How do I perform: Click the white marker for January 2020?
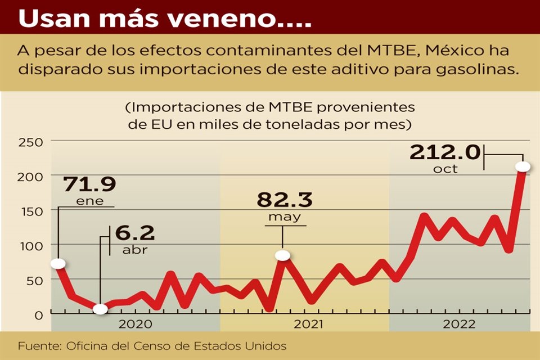[x=57, y=264]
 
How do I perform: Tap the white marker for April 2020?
[x=100, y=309]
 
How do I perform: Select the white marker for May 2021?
[x=283, y=255]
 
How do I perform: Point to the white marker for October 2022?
[x=523, y=166]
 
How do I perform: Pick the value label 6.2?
[x=135, y=233]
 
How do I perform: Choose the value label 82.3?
[x=285, y=200]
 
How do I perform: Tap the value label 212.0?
[x=444, y=152]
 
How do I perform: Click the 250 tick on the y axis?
[x=30, y=142]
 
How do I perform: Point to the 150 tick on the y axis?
[x=30, y=210]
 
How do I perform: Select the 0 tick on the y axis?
[x=38, y=314]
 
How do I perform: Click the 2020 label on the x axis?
[x=136, y=325]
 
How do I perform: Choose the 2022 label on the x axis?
[x=460, y=325]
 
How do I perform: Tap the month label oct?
[x=445, y=169]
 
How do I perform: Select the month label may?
[x=285, y=217]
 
